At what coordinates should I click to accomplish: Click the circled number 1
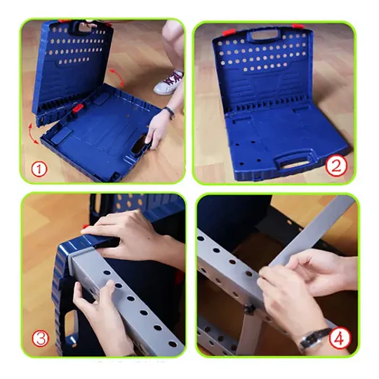(x=39, y=169)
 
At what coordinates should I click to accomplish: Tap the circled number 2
(x=335, y=166)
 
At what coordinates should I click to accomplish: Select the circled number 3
(x=41, y=338)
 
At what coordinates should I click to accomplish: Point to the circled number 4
(x=340, y=338)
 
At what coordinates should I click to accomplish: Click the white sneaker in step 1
(x=169, y=82)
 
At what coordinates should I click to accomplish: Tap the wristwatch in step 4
(x=314, y=338)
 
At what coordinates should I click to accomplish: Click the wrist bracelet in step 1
(x=169, y=112)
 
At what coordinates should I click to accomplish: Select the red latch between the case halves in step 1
(x=78, y=108)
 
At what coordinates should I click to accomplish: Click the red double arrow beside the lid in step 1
(x=117, y=77)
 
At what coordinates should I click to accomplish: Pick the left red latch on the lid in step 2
(x=229, y=32)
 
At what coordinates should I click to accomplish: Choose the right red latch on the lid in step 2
(x=298, y=26)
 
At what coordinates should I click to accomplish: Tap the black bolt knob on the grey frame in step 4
(x=249, y=309)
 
